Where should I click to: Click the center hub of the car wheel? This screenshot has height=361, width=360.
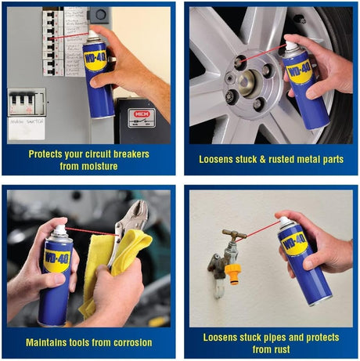pyautogui.click(x=248, y=81)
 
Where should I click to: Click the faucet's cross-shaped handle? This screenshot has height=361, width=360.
pyautogui.click(x=233, y=234)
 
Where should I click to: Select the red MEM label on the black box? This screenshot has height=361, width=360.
pyautogui.click(x=142, y=114)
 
